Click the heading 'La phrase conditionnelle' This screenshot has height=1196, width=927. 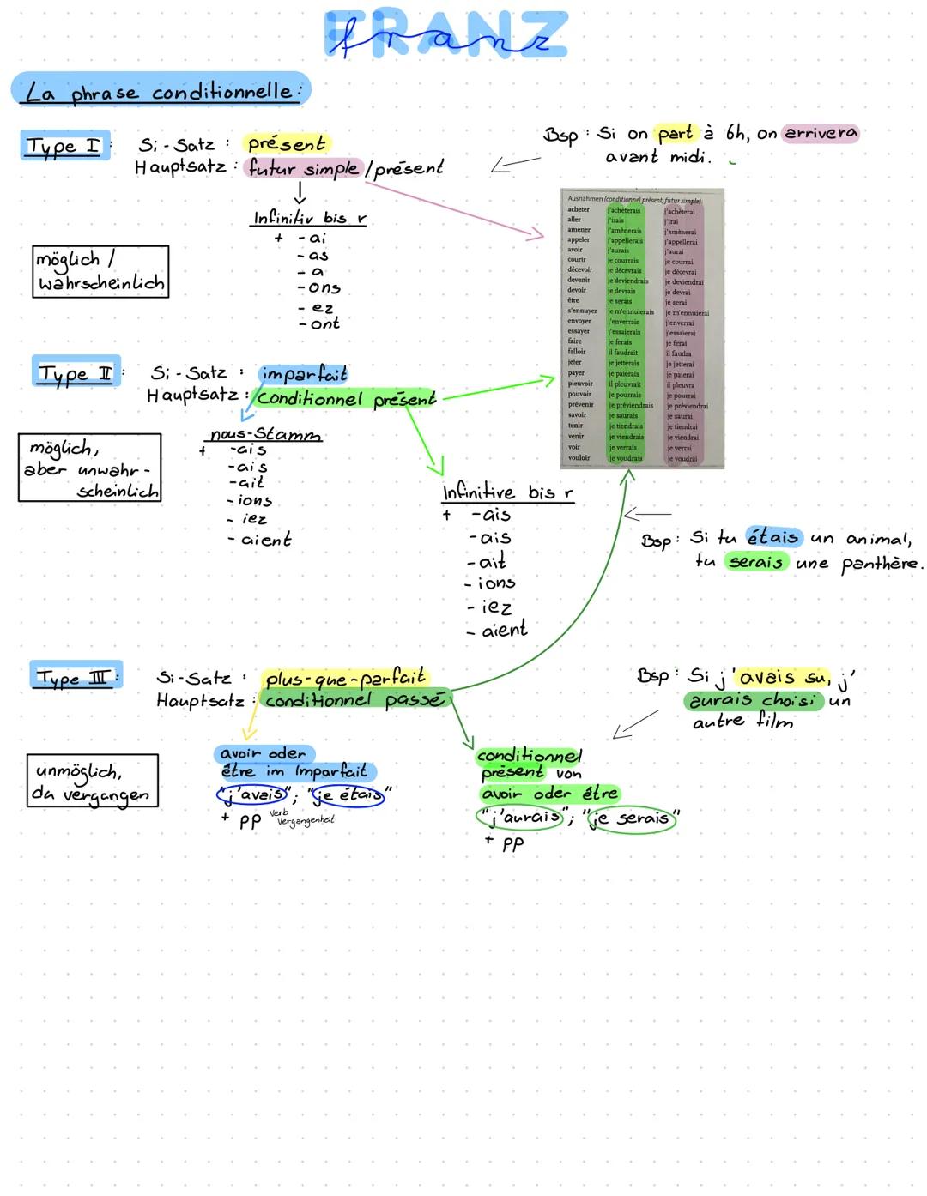coord(161,91)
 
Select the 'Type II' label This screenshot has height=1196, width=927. coord(76,373)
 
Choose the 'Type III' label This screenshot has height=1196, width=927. coord(76,678)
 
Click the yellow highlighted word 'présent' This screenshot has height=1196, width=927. coord(287,143)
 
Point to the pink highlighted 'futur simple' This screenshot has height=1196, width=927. coord(303,168)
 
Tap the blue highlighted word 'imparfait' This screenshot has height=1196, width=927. coord(304,374)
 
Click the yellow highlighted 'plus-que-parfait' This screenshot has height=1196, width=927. coord(345,679)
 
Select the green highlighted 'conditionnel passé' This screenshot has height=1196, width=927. coord(354,700)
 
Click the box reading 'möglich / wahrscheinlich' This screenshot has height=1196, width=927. coord(100,271)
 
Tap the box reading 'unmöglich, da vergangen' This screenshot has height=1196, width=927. coord(92,781)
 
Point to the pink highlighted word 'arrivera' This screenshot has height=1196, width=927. coord(821,133)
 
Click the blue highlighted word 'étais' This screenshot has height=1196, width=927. coord(773,538)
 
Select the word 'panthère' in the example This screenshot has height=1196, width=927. coord(880,564)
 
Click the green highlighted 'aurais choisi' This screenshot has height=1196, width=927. coord(753,700)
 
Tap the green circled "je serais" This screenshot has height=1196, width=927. coord(631,818)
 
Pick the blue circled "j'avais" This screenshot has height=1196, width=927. coord(251,795)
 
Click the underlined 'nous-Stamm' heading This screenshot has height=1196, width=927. coord(265,435)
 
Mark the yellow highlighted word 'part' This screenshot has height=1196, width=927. coord(676,133)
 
